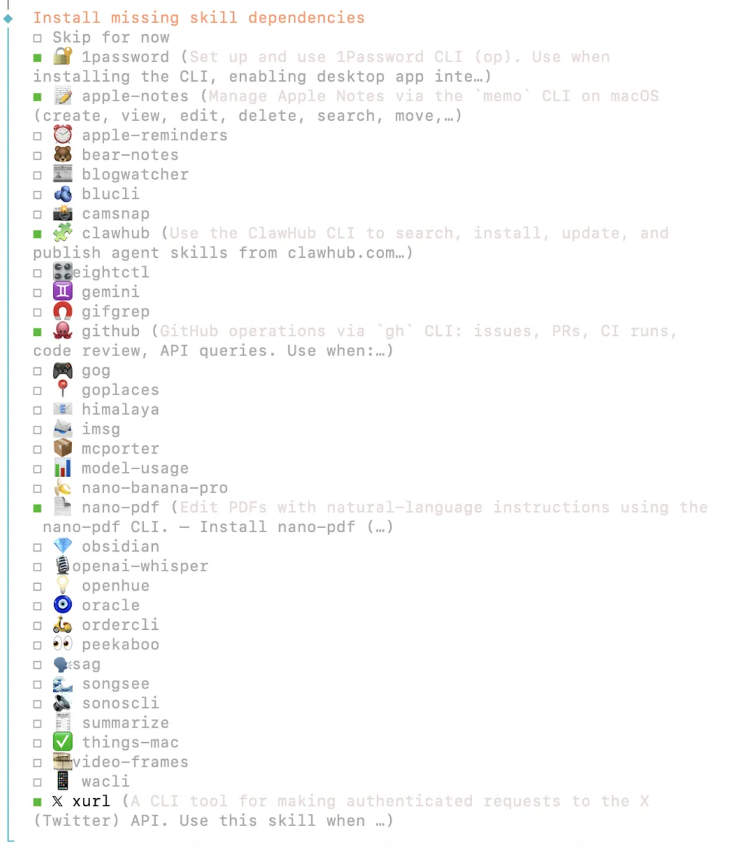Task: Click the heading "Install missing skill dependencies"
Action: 198,17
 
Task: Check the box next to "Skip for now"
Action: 37,38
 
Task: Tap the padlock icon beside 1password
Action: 63,56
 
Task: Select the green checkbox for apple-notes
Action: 37,97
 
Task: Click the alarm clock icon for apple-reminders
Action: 63,135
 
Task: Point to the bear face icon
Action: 63,154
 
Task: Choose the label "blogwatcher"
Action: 135,175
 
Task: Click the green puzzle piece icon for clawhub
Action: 63,233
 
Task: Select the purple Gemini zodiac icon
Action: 63,291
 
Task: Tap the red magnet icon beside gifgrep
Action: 63,311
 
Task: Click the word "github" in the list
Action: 110,331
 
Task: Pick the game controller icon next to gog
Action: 63,370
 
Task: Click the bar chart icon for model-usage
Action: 63,468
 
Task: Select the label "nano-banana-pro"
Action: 154,488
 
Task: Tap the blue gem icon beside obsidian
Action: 63,546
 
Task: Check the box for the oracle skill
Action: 37,606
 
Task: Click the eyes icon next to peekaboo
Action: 63,644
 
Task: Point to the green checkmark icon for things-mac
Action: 63,742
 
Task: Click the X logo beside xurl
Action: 57,801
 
